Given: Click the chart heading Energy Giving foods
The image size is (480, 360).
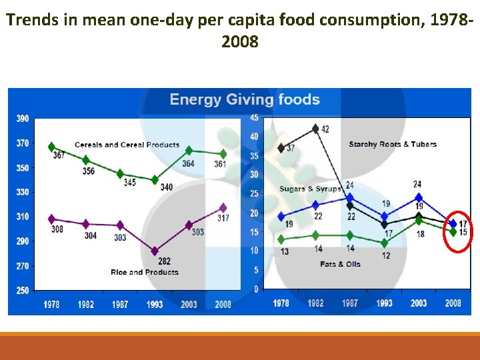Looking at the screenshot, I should click(x=245, y=100).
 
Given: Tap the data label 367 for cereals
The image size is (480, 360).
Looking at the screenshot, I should click(x=58, y=155).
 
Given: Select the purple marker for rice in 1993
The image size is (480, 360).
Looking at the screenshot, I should click(x=155, y=251).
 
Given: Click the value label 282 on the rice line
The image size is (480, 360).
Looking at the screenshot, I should click(x=164, y=261).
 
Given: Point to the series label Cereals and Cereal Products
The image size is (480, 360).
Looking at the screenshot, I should click(x=127, y=145).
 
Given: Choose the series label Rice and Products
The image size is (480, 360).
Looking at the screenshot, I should click(x=145, y=272).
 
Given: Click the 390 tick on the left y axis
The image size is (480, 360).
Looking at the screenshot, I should click(x=23, y=119).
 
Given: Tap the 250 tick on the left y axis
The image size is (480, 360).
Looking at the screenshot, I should click(x=23, y=291).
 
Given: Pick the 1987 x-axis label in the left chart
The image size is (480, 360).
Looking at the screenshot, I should click(x=120, y=304).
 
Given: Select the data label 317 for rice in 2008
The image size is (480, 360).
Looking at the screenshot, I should click(x=223, y=218).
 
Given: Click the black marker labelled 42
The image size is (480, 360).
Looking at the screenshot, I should click(x=315, y=129).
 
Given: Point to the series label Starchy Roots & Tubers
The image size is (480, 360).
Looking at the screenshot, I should click(x=393, y=144).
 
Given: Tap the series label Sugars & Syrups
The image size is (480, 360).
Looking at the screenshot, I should click(x=310, y=189).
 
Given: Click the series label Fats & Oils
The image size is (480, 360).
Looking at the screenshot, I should click(x=340, y=264).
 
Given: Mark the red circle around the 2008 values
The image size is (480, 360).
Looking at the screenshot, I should click(x=458, y=227).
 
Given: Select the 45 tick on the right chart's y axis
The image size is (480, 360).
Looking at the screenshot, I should click(x=255, y=118).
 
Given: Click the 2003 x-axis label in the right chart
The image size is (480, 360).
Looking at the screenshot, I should click(x=419, y=303).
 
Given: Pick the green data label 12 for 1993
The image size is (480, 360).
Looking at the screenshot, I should click(x=386, y=255).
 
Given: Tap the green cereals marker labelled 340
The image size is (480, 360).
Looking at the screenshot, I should click(x=155, y=180).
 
